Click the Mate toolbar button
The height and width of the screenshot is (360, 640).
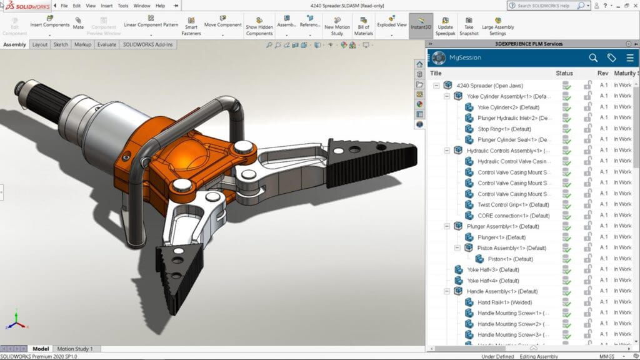(78, 23)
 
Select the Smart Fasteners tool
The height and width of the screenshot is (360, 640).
(191, 26)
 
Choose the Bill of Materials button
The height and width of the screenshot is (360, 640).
(364, 26)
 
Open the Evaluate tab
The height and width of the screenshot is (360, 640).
(106, 45)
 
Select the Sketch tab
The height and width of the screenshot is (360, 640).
(61, 45)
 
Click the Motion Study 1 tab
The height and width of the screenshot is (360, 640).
(75, 349)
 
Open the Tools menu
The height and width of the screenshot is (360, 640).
(123, 6)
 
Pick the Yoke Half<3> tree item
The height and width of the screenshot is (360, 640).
(493, 269)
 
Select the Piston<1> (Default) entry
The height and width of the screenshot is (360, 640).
(510, 259)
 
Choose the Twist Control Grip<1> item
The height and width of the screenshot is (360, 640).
(512, 204)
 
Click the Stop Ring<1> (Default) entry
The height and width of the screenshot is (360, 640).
(504, 129)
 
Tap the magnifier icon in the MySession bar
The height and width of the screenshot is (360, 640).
(593, 57)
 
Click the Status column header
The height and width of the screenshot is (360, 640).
(564, 74)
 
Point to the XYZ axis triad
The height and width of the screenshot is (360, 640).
(17, 320)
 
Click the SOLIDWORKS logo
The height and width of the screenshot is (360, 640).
(25, 6)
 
